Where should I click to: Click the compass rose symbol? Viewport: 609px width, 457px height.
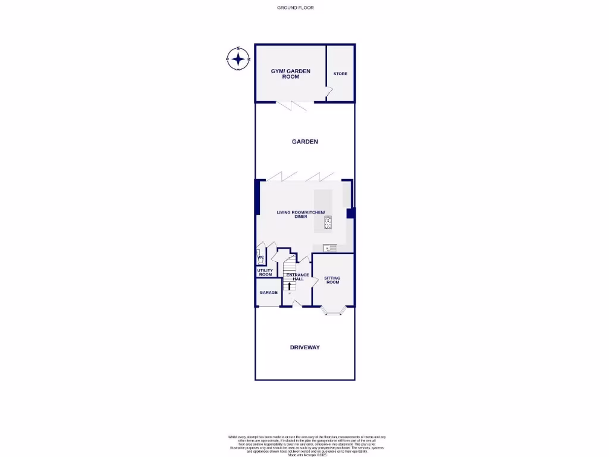tap(238, 59)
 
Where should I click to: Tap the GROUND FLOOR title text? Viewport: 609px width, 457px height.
tap(295, 8)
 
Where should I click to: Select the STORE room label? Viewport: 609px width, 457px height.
tap(340, 74)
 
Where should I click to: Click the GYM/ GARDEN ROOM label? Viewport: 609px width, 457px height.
tap(291, 74)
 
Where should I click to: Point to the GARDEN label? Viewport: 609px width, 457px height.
tap(304, 142)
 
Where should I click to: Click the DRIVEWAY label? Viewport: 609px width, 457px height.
tap(304, 347)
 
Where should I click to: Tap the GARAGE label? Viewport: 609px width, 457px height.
tap(269, 293)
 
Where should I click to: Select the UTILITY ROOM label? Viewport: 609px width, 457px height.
tap(265, 273)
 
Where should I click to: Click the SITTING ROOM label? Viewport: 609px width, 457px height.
tap(332, 280)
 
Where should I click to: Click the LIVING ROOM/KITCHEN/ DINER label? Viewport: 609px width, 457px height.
tap(300, 214)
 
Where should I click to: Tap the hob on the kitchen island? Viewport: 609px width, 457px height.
tap(328, 223)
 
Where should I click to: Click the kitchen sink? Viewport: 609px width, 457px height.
tap(329, 248)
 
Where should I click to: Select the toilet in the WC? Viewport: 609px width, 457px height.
tap(260, 259)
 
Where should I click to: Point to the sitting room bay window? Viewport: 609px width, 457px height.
tap(332, 309)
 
